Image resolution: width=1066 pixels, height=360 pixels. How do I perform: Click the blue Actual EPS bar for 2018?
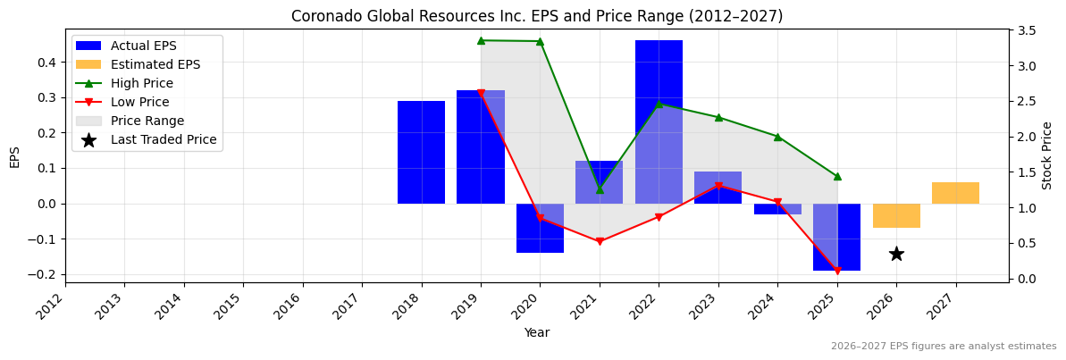pyautogui.click(x=421, y=152)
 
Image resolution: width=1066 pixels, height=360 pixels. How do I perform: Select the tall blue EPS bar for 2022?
pyautogui.click(x=659, y=121)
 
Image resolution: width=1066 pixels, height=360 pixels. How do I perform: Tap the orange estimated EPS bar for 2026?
pyautogui.click(x=896, y=215)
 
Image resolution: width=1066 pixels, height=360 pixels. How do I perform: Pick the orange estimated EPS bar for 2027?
pyautogui.click(x=955, y=193)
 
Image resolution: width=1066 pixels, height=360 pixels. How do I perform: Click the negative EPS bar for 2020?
pyautogui.click(x=540, y=228)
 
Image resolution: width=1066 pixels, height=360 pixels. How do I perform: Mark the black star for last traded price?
pyautogui.click(x=896, y=254)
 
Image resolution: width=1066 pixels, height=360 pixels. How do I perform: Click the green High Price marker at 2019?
pyautogui.click(x=481, y=40)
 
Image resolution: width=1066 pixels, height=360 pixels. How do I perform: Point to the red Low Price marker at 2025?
pyautogui.click(x=837, y=271)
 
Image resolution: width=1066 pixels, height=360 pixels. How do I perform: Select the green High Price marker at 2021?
pyautogui.click(x=600, y=189)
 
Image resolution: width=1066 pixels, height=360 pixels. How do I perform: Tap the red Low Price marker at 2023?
pyautogui.click(x=718, y=186)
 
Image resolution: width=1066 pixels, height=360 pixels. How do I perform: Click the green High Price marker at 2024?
pyautogui.click(x=777, y=137)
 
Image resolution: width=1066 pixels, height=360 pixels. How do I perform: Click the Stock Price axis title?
pyautogui.click(x=1047, y=155)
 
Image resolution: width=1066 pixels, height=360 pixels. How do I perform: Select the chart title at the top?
pyautogui.click(x=537, y=16)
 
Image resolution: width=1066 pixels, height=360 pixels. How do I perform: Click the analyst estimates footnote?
pyautogui.click(x=944, y=347)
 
